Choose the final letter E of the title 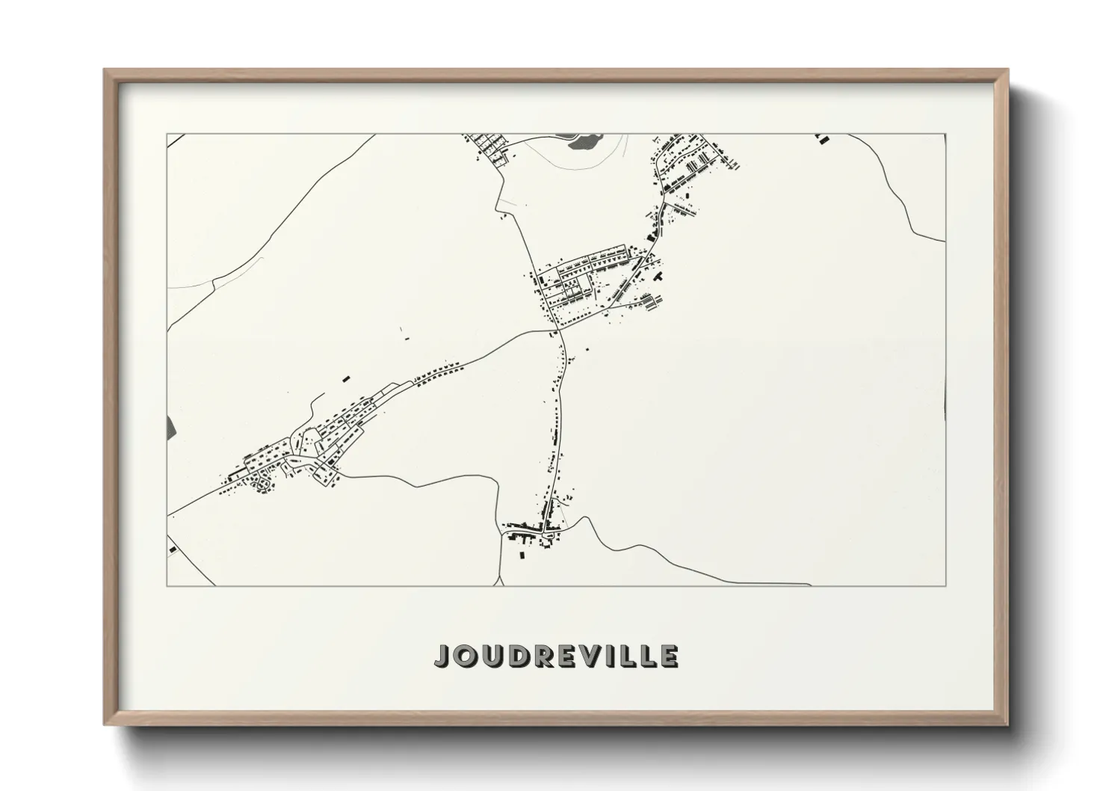coord(669,656)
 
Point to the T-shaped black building coord(659,277)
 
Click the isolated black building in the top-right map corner coord(822,138)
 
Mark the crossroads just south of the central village coord(558,328)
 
